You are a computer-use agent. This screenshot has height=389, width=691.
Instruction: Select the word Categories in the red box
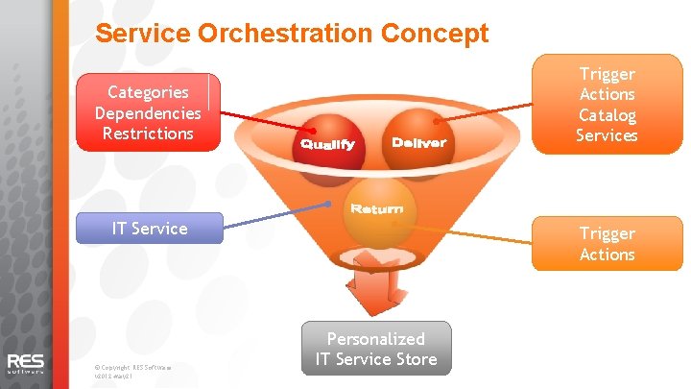(x=148, y=92)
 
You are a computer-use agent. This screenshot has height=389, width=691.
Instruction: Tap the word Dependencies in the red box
(x=148, y=112)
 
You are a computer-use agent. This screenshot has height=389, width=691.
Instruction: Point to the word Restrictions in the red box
(x=148, y=133)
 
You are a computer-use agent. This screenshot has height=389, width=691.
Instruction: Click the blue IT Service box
(x=150, y=228)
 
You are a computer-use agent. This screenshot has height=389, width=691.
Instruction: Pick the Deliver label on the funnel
(x=419, y=143)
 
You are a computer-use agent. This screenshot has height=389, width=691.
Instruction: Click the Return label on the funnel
(x=376, y=208)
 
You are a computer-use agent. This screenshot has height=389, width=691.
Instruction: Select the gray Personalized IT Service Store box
(x=375, y=349)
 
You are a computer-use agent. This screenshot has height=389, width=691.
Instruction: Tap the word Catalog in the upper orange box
(x=607, y=115)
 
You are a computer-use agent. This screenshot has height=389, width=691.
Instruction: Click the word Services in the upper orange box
(x=607, y=135)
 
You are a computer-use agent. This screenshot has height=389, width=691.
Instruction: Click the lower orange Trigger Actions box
(x=607, y=244)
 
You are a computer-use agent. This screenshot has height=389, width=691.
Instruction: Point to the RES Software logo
(x=26, y=363)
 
